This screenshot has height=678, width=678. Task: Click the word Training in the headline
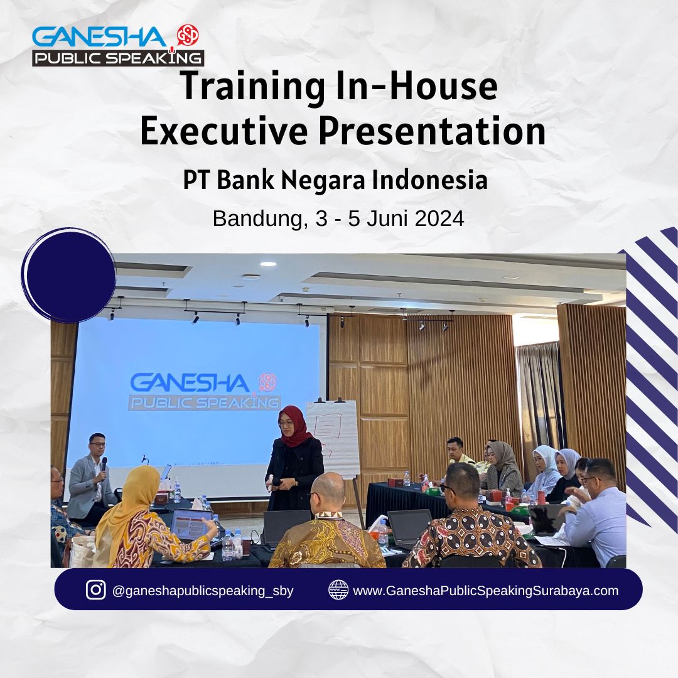[253, 87]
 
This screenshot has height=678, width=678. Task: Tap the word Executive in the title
[223, 131]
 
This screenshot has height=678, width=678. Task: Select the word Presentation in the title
[432, 131]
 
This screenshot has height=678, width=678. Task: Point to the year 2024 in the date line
[439, 218]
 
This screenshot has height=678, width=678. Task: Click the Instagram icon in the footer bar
[95, 589]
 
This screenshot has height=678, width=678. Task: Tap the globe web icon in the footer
[338, 589]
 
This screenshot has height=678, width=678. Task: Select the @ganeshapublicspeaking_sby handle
[203, 591]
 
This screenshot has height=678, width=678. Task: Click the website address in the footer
[485, 591]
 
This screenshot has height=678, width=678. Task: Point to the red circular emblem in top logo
[188, 35]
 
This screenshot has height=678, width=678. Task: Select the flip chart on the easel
[332, 437]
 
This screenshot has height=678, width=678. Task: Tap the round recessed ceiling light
[267, 264]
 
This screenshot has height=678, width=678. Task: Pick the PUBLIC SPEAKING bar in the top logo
[118, 58]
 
